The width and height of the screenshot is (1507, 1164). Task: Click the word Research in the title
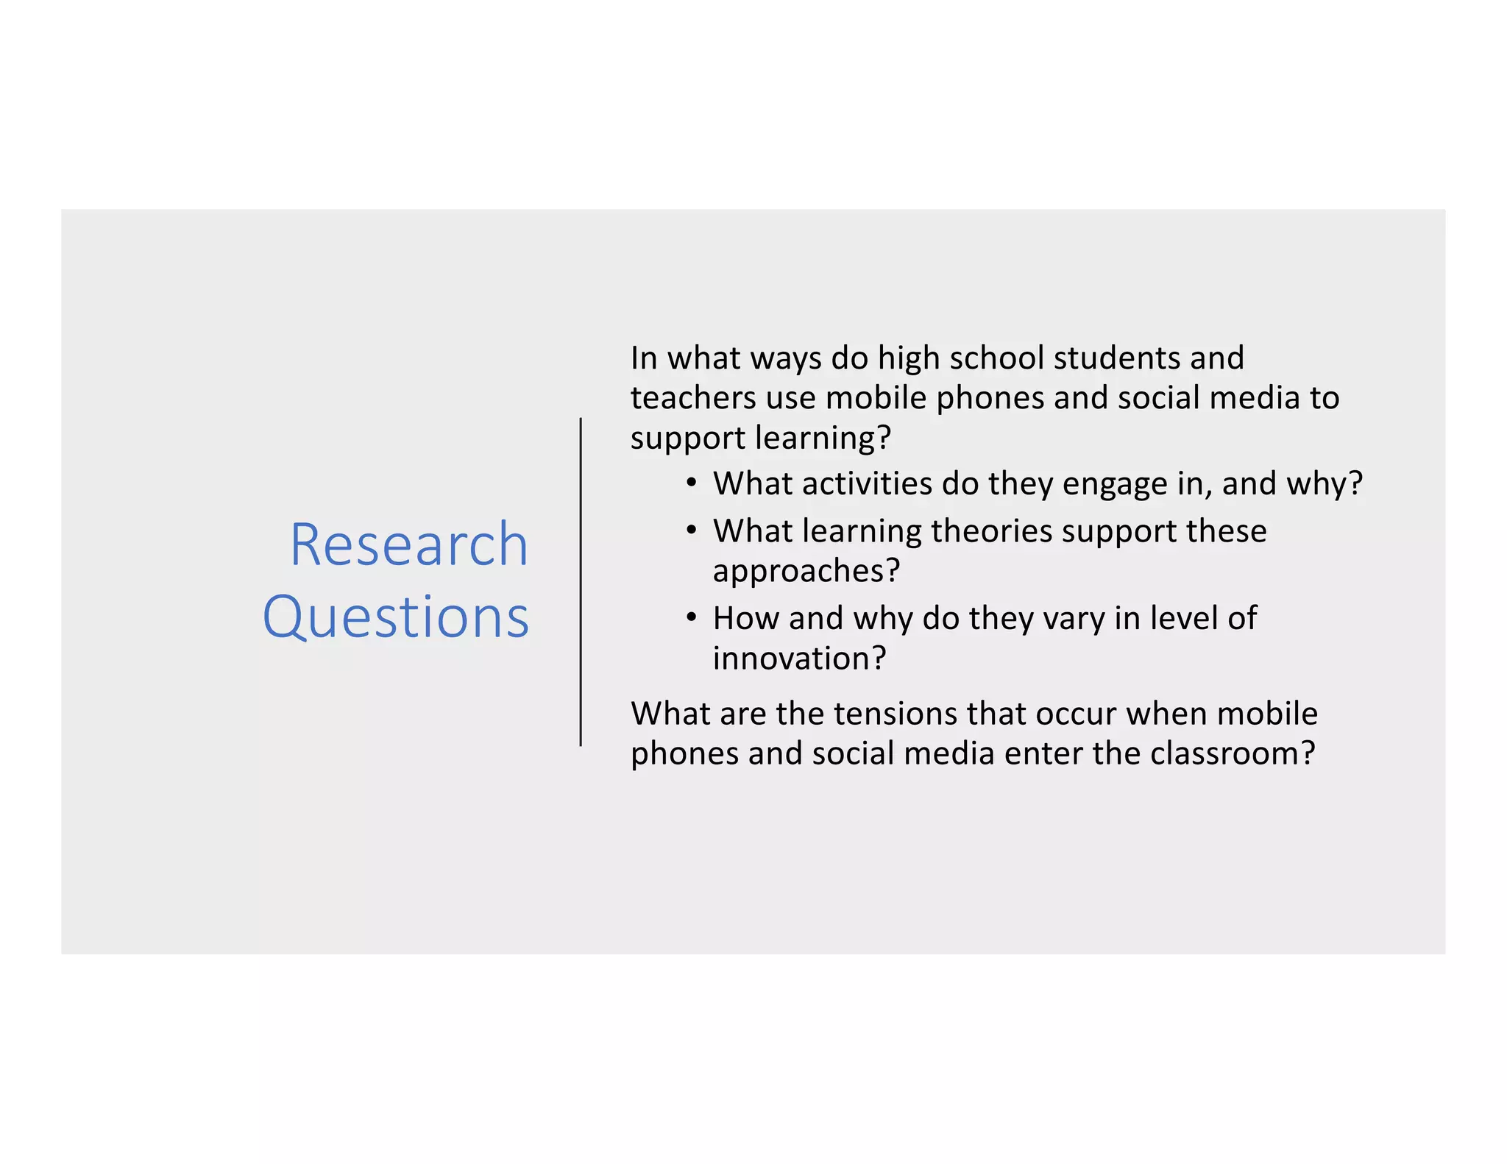click(x=409, y=544)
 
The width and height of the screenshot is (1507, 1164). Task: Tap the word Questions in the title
click(x=396, y=617)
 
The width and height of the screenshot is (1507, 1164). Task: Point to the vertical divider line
click(x=581, y=582)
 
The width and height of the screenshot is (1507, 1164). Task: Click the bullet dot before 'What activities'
click(x=690, y=483)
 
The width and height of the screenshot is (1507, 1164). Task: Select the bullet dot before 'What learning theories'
click(x=690, y=530)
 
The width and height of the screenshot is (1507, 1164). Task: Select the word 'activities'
click(x=868, y=484)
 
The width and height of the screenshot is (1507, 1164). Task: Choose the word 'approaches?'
click(x=806, y=572)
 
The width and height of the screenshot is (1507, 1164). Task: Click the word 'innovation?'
click(x=800, y=658)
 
